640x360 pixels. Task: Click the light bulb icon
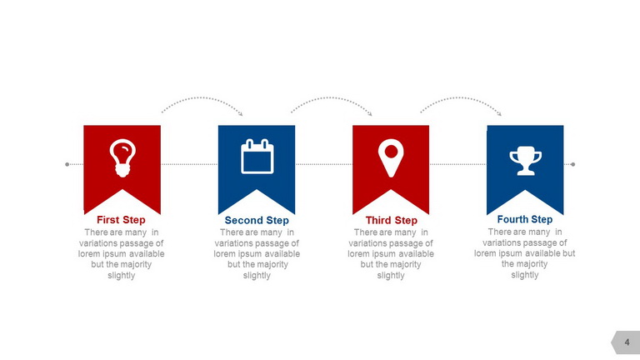[122, 158]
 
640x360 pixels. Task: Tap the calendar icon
[257, 157]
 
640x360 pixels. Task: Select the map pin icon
[391, 158]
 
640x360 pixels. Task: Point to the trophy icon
[525, 161]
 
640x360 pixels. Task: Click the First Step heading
[121, 220]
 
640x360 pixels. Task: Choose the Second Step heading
[257, 220]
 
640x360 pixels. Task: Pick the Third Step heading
[392, 220]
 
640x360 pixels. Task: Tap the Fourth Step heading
[525, 220]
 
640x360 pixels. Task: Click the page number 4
[627, 342]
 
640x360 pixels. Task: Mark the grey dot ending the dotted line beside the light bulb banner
[67, 164]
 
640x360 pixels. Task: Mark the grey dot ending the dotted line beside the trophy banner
[573, 164]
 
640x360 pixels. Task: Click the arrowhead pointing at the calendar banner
[241, 114]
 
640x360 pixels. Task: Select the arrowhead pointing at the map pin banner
[370, 114]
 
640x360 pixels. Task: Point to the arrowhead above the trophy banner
[500, 114]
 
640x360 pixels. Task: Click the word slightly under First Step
[121, 276]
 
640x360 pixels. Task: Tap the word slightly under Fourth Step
[525, 275]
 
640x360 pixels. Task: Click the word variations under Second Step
[232, 243]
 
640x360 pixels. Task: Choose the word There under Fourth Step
[499, 232]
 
